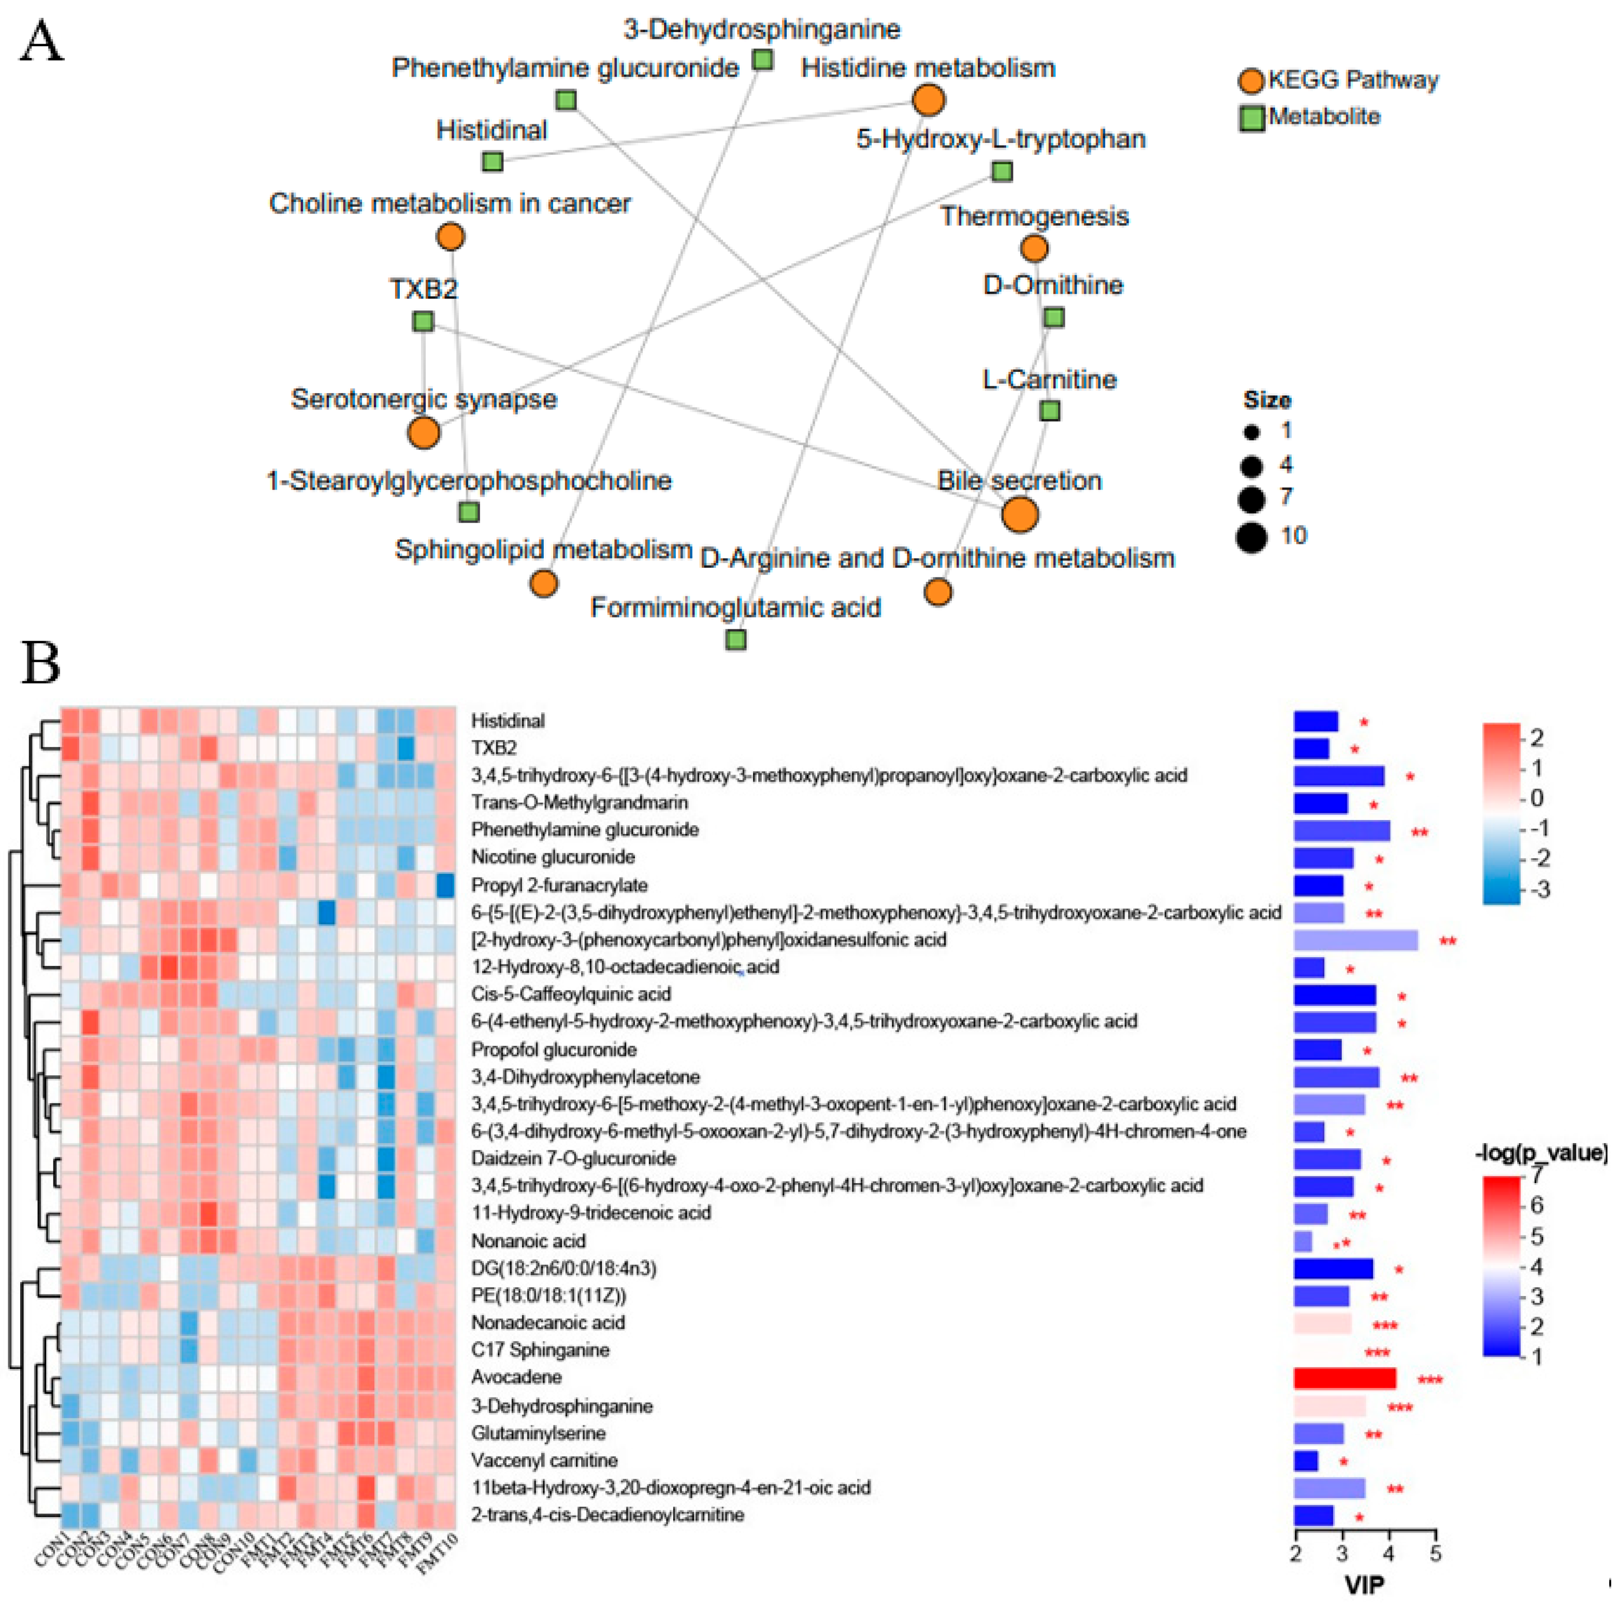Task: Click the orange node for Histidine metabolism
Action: pos(928,100)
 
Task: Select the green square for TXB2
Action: pos(423,321)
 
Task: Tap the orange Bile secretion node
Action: pos(1020,514)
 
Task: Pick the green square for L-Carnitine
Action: pos(1049,410)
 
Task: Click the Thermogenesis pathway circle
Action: pos(1034,248)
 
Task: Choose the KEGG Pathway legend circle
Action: pos(1251,81)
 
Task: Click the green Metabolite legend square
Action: pos(1251,118)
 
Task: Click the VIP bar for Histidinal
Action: pos(1315,722)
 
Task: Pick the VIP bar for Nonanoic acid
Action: pos(1303,1241)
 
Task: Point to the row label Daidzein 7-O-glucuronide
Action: pos(573,1158)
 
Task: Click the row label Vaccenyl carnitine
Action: pos(544,1460)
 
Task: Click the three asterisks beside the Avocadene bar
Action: pos(1429,1379)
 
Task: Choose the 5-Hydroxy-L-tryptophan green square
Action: pos(1001,171)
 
